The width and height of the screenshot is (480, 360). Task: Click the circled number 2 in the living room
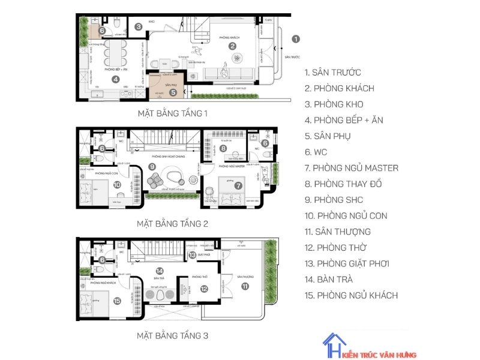(x=233, y=46)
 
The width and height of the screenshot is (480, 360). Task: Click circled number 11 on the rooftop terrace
(x=245, y=286)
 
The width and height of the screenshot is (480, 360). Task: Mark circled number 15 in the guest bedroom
(x=117, y=301)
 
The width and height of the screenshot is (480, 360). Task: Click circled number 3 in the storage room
(x=138, y=26)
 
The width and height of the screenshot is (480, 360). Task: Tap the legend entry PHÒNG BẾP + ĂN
(x=343, y=120)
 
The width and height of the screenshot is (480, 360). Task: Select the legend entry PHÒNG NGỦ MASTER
(x=351, y=168)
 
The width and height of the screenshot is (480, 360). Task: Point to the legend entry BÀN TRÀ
(x=329, y=280)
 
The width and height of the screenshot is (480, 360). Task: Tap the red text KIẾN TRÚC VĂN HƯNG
(x=382, y=354)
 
